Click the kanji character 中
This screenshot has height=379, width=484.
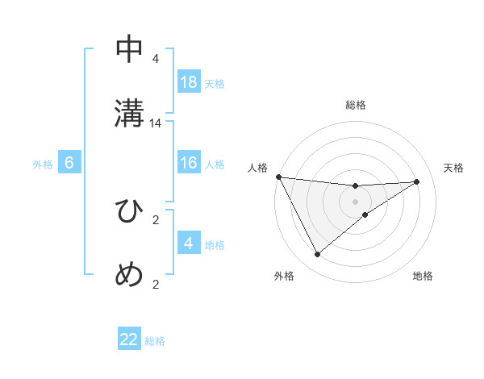tap(130, 50)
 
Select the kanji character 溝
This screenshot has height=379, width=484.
tap(130, 113)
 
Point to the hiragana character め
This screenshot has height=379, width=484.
tap(130, 274)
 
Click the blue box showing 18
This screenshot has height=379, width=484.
tap(189, 82)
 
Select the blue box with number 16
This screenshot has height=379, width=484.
tap(189, 163)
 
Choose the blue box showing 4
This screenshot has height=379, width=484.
tap(189, 243)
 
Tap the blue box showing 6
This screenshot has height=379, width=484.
tap(69, 163)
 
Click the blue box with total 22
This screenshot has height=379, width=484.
tap(129, 339)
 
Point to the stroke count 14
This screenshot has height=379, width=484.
tap(156, 123)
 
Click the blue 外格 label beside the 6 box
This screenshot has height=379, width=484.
tap(43, 164)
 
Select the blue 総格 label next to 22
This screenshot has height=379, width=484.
tap(155, 340)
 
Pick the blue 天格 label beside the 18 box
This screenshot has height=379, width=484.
tap(215, 83)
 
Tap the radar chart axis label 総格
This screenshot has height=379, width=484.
tap(356, 105)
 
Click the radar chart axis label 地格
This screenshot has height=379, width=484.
tap(423, 277)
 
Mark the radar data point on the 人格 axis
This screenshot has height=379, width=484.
tap(278, 177)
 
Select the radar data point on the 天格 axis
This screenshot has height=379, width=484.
tap(417, 181)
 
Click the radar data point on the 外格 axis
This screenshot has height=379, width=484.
tap(317, 255)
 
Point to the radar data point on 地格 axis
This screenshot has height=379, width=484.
tap(365, 214)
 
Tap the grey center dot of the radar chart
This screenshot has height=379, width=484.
tap(356, 201)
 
